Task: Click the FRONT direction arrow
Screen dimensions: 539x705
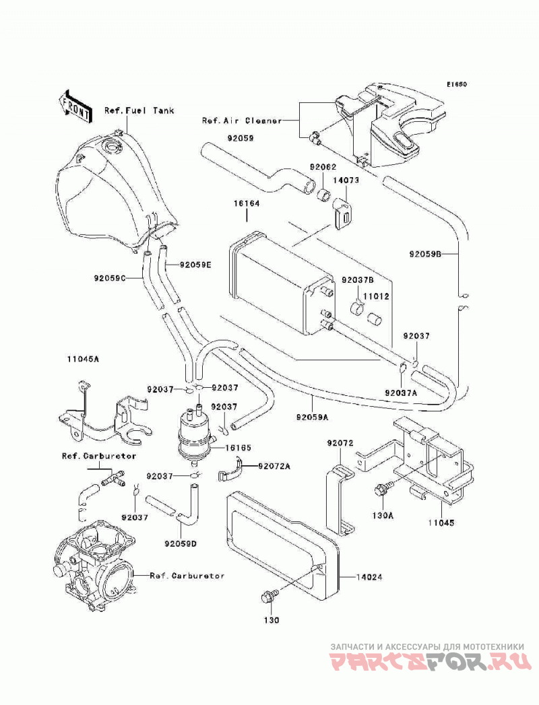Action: (x=75, y=106)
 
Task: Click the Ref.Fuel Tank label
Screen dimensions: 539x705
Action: (x=139, y=110)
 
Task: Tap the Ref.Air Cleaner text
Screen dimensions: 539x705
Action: (x=242, y=121)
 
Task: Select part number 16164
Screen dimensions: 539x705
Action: (x=247, y=203)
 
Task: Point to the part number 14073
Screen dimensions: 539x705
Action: (x=346, y=180)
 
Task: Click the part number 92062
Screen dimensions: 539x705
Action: (x=323, y=167)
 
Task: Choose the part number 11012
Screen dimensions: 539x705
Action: (x=376, y=297)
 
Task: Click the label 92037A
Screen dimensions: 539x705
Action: (x=401, y=392)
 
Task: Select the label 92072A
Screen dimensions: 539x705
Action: (x=274, y=466)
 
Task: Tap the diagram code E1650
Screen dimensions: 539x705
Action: (x=457, y=84)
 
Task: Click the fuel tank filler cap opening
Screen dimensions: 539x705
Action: (x=110, y=146)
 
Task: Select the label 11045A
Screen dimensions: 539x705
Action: (x=83, y=360)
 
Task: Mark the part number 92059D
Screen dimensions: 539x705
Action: (x=181, y=544)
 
